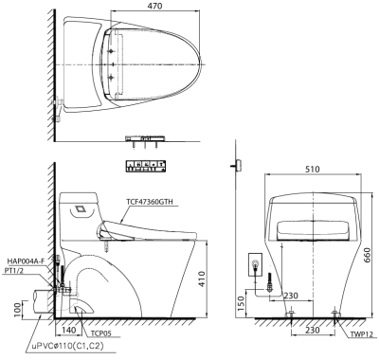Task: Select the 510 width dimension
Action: click(x=313, y=170)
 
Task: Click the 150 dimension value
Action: click(x=241, y=304)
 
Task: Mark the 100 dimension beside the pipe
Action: click(x=18, y=309)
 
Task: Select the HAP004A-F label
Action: click(x=27, y=261)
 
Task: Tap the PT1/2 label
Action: click(x=15, y=271)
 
